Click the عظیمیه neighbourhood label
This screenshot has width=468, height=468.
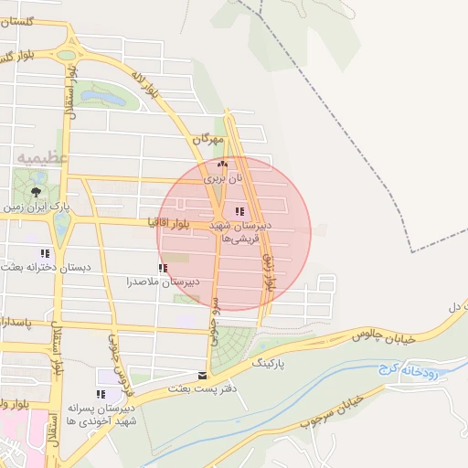[42, 158]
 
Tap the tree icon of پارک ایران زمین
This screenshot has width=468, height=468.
[35, 192]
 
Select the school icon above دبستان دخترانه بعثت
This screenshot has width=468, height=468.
[44, 253]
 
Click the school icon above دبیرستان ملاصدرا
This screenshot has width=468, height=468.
[163, 268]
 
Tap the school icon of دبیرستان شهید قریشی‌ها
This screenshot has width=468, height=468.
[239, 212]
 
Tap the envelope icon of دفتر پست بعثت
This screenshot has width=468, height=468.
[202, 375]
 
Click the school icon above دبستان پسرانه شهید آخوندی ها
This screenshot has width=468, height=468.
[101, 394]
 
